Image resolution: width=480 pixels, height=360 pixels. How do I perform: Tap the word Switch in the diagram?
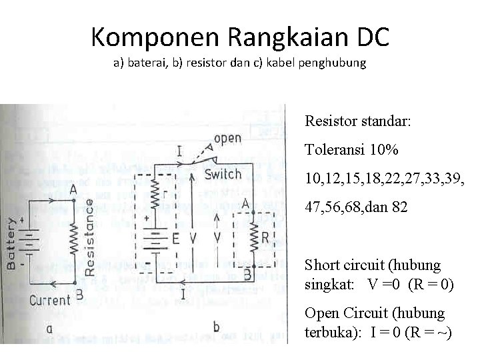pyautogui.click(x=223, y=174)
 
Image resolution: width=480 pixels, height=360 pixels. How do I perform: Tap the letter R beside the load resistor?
pyautogui.click(x=265, y=237)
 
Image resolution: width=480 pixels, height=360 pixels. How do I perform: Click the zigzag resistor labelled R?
pyautogui.click(x=253, y=237)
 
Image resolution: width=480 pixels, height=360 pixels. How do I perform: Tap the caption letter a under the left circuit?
pyautogui.click(x=49, y=328)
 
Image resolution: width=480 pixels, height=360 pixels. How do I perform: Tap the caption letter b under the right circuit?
pyautogui.click(x=215, y=327)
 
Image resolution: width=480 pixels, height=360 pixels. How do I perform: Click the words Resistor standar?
pyautogui.click(x=358, y=122)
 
